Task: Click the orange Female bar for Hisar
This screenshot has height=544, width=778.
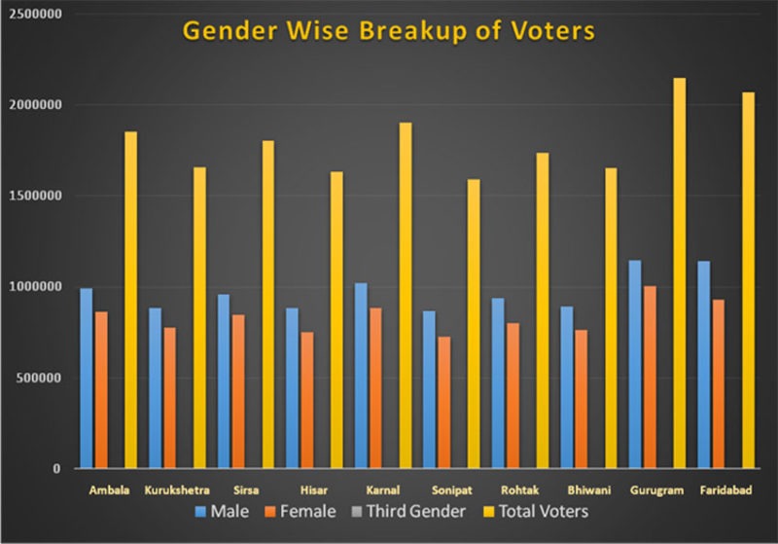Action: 307,405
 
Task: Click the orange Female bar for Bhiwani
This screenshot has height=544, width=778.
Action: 581,409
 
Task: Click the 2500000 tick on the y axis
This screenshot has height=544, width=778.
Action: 35,14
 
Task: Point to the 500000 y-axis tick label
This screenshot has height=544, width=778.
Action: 39,378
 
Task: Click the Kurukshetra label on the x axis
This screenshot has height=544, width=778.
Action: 178,489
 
